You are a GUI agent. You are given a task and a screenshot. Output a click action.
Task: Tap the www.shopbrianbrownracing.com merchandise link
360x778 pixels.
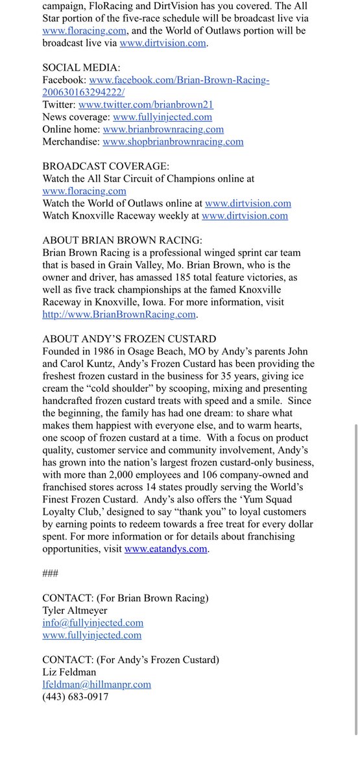pyautogui.click(x=173, y=141)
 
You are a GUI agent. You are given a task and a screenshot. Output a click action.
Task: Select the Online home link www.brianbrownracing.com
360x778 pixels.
pyautogui.click(x=163, y=129)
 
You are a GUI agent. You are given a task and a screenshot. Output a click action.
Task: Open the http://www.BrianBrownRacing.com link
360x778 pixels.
pyautogui.click(x=119, y=314)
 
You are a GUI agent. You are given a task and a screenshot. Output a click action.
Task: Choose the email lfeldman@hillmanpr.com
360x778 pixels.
pyautogui.click(x=97, y=685)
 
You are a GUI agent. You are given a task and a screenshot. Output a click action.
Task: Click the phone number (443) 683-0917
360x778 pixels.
pyautogui.click(x=75, y=697)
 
